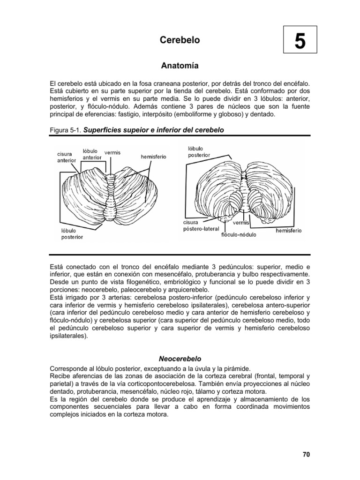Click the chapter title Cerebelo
[x=180, y=40]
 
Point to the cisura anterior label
[x=67, y=157]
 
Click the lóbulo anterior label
[x=92, y=154]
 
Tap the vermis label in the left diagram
[x=112, y=152]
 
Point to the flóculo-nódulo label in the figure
[x=239, y=234]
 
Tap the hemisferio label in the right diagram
[x=288, y=231]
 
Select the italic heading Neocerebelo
[x=180, y=358]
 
